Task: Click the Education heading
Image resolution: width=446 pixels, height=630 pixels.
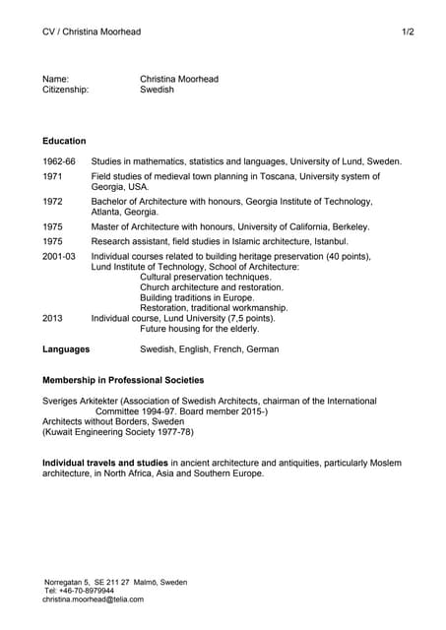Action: pyautogui.click(x=64, y=141)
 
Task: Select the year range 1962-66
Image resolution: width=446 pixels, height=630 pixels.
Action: pyautogui.click(x=58, y=160)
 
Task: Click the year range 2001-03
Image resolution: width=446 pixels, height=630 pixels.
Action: pyautogui.click(x=58, y=256)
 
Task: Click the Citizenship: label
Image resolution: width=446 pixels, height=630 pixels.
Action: pyautogui.click(x=65, y=90)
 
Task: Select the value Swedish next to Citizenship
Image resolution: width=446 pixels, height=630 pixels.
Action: pyautogui.click(x=157, y=90)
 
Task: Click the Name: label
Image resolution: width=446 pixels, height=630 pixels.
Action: pyautogui.click(x=55, y=79)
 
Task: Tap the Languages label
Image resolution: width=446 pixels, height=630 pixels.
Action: pyautogui.click(x=66, y=348)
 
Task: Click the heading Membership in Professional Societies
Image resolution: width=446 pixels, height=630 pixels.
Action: pyautogui.click(x=123, y=380)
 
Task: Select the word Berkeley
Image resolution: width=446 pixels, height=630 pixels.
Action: pyautogui.click(x=350, y=225)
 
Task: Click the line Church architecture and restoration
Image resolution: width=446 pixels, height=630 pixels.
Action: pyautogui.click(x=212, y=286)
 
